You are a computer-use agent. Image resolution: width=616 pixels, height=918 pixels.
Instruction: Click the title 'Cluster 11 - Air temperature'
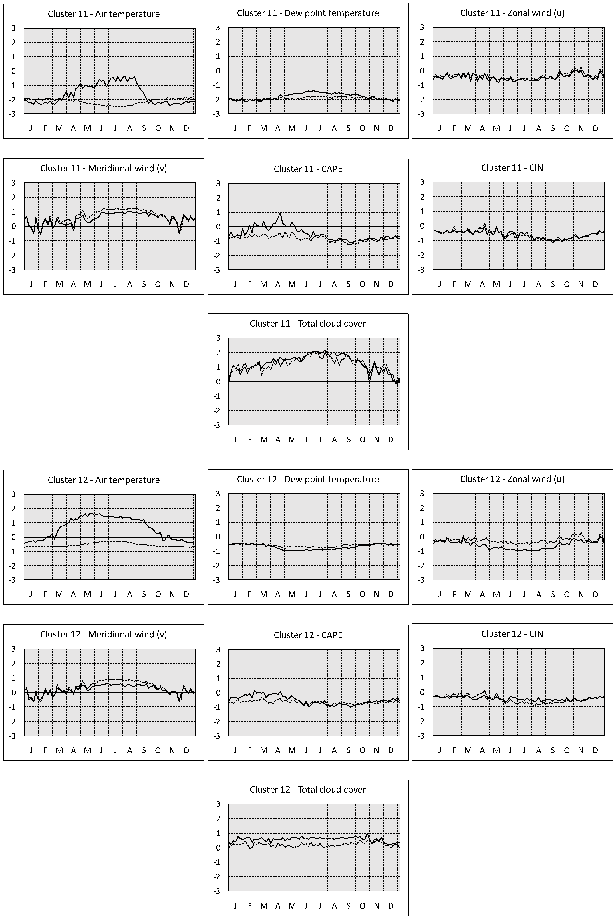(x=104, y=14)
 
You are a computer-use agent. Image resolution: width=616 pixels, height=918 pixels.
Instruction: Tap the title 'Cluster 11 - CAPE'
(x=308, y=169)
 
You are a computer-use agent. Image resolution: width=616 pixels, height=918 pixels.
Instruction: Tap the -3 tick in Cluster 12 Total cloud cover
(x=216, y=891)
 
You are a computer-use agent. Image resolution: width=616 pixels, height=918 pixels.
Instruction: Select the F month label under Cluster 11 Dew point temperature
(x=249, y=128)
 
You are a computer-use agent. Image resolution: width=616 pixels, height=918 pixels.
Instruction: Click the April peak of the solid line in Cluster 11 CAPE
(x=280, y=213)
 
